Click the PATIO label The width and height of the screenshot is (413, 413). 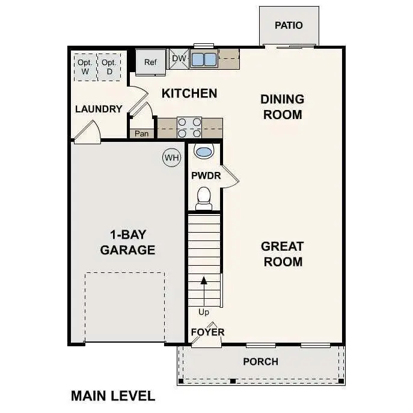(289, 25)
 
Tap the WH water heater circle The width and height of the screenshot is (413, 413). (172, 158)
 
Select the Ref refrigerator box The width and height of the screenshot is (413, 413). (150, 62)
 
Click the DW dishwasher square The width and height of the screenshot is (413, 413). (179, 58)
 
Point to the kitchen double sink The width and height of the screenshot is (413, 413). (204, 60)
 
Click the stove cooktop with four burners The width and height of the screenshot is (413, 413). (189, 128)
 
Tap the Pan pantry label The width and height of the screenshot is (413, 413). (142, 133)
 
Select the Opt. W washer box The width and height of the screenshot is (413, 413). (85, 67)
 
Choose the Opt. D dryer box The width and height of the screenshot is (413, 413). (109, 67)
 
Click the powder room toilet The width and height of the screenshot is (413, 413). (204, 197)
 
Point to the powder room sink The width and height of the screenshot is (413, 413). (204, 151)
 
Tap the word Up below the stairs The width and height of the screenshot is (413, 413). (204, 312)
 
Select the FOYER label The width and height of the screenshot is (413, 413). (207, 332)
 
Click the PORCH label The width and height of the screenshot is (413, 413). (260, 361)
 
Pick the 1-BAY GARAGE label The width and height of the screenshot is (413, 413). (127, 242)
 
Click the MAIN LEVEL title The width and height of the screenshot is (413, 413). (113, 396)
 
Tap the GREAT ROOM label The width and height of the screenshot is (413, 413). (282, 254)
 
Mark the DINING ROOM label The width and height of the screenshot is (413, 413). (282, 106)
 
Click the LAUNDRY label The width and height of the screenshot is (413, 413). (99, 109)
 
